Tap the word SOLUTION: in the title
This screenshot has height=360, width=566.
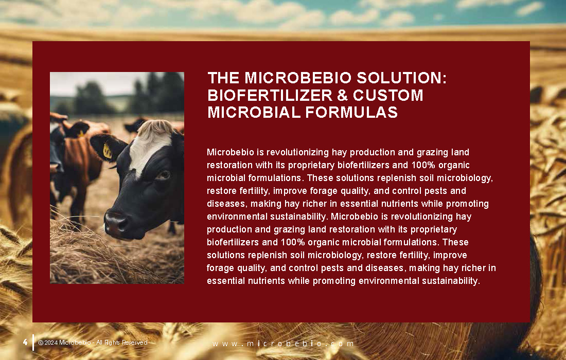(402, 78)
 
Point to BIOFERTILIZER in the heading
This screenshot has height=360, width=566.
(270, 95)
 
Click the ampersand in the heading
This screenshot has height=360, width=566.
(342, 95)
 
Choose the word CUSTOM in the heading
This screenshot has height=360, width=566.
(388, 95)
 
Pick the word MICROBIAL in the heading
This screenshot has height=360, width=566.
(254, 112)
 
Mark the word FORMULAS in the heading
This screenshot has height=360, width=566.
(351, 112)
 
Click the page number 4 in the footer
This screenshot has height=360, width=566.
(25, 342)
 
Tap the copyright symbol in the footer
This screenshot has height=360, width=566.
(41, 343)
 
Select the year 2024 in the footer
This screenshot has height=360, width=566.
(51, 343)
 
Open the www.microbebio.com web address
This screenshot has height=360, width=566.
(283, 344)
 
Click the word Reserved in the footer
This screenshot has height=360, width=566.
(135, 343)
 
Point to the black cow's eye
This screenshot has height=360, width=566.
(164, 175)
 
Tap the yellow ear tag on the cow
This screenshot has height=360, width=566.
(108, 151)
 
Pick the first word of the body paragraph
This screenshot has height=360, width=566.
(231, 152)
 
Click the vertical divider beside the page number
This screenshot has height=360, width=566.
(33, 343)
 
